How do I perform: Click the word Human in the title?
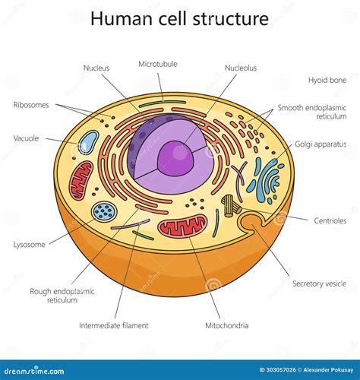pos(123,18)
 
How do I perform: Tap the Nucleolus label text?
pos(241,68)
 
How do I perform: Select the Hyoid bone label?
pos(327,80)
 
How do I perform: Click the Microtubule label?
pos(158,64)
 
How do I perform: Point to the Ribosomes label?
pos(31,105)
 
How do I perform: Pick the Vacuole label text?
pos(26,138)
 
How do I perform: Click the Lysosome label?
pos(29,245)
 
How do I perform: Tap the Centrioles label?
pos(330,220)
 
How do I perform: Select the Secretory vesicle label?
pos(319,283)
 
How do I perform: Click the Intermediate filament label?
pos(114,325)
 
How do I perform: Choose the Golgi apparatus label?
pos(321,144)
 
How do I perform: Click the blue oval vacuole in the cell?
pos(88,142)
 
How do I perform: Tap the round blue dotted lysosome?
pos(104,211)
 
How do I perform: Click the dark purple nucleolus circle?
pos(176,158)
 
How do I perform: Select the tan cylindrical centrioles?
pos(231,206)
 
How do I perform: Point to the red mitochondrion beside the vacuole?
pos(81,179)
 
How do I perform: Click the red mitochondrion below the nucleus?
pos(182,225)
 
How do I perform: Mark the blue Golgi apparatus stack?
pos(266,179)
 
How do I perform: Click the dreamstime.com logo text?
pos(34,371)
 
